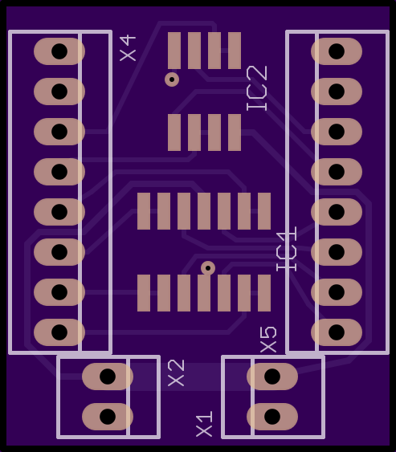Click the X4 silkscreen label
128,48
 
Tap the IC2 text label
257,88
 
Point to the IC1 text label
286,249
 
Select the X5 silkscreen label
268,340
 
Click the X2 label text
176,373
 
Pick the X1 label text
204,424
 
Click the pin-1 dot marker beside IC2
172,79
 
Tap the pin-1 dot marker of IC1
208,268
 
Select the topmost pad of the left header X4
59,51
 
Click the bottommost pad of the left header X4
59,332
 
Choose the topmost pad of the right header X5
337,51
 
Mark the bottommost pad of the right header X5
337,332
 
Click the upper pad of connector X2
108,377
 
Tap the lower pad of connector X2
108,417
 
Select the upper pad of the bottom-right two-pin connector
272,377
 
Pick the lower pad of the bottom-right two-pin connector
272,417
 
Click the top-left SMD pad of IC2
174,51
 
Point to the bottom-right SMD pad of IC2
235,132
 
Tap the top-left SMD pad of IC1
144,211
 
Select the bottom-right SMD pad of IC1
264,293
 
